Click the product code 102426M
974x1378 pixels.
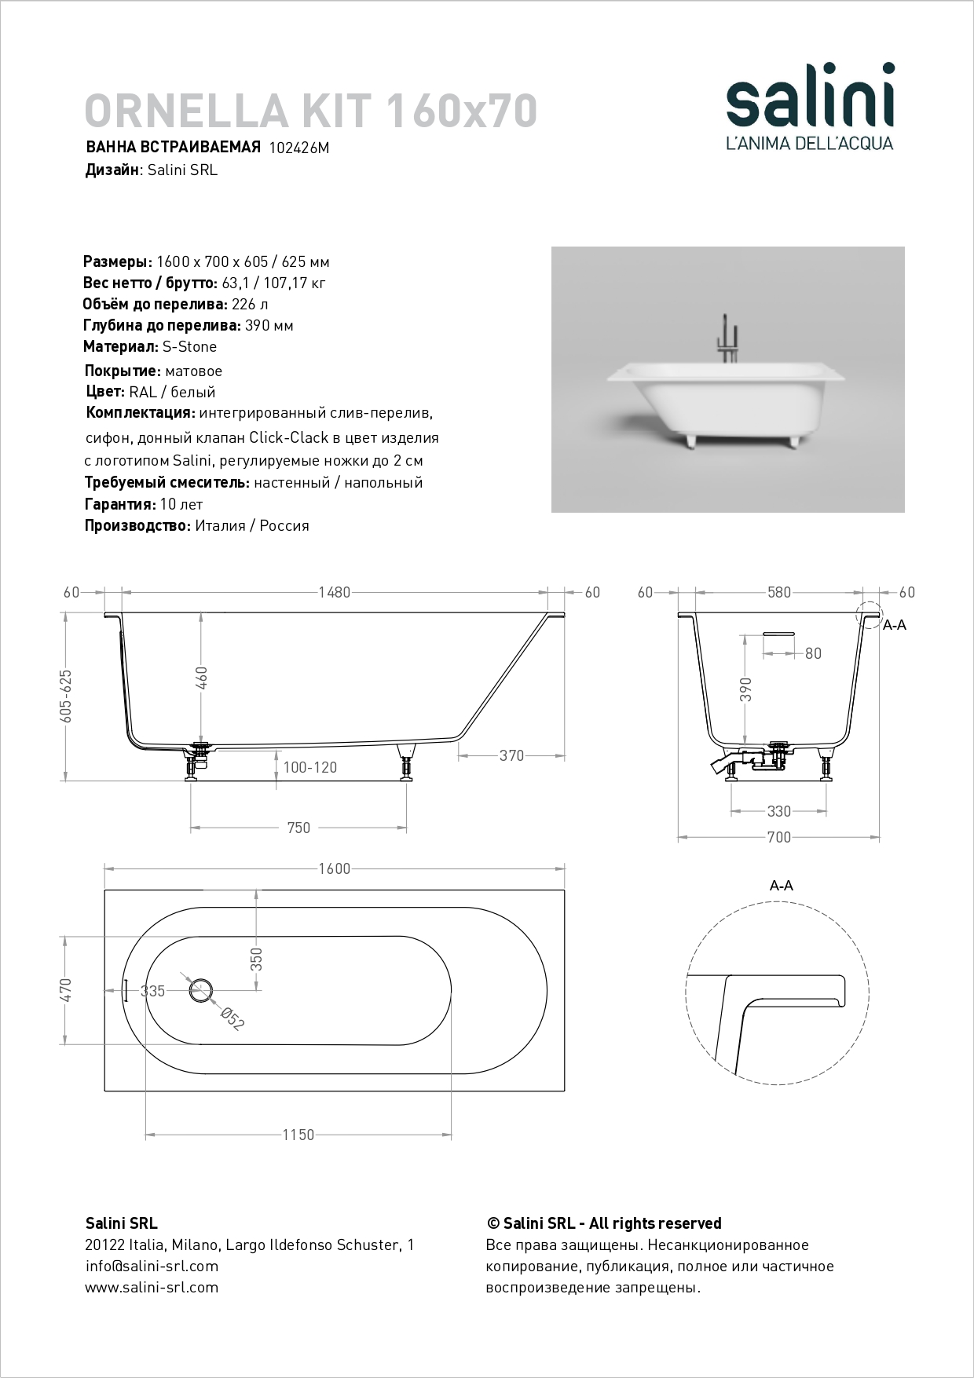pos(298,148)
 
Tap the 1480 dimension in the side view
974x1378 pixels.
pos(335,593)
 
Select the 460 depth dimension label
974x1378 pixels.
pos(201,677)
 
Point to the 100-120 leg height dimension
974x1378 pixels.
pos(309,767)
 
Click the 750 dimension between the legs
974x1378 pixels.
pos(298,828)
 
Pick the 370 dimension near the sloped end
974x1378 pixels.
pos(511,755)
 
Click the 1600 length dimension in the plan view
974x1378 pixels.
pos(334,868)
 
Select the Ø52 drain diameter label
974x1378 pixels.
pos(233,1018)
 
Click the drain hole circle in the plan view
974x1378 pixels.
pos(202,991)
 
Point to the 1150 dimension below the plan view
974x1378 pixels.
pos(298,1135)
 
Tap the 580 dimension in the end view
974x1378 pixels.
pos(778,593)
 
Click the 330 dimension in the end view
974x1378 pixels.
pos(778,811)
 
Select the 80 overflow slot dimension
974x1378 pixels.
pos(813,653)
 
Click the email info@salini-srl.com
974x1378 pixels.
pos(152,1266)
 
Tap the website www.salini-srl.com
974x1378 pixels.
pos(152,1287)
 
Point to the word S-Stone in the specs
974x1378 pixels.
pos(189,346)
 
